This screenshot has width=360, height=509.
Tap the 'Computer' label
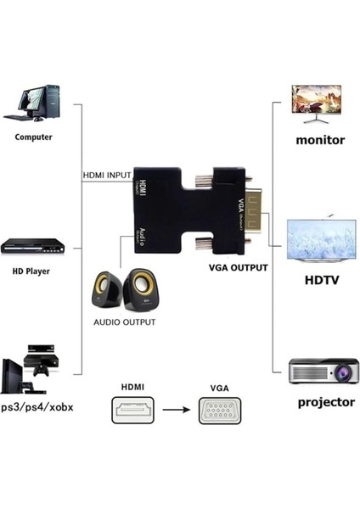click(33, 137)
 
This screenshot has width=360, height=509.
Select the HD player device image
click(33, 246)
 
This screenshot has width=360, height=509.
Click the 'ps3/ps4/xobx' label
click(38, 407)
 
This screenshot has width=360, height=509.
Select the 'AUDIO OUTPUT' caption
click(125, 322)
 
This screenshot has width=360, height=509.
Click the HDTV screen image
click(315, 242)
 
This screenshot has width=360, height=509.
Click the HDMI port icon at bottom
click(132, 411)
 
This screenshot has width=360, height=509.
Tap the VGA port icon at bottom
click(219, 412)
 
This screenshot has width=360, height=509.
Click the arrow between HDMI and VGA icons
click(176, 411)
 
